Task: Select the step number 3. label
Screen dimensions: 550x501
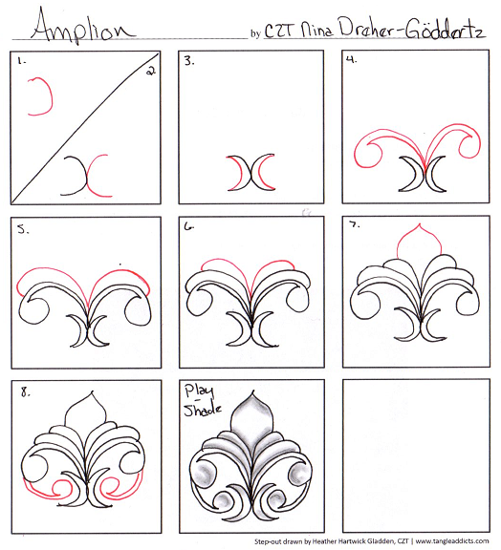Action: click(189, 61)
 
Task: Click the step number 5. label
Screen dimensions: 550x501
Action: click(21, 229)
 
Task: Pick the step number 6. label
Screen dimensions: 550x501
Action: click(189, 229)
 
